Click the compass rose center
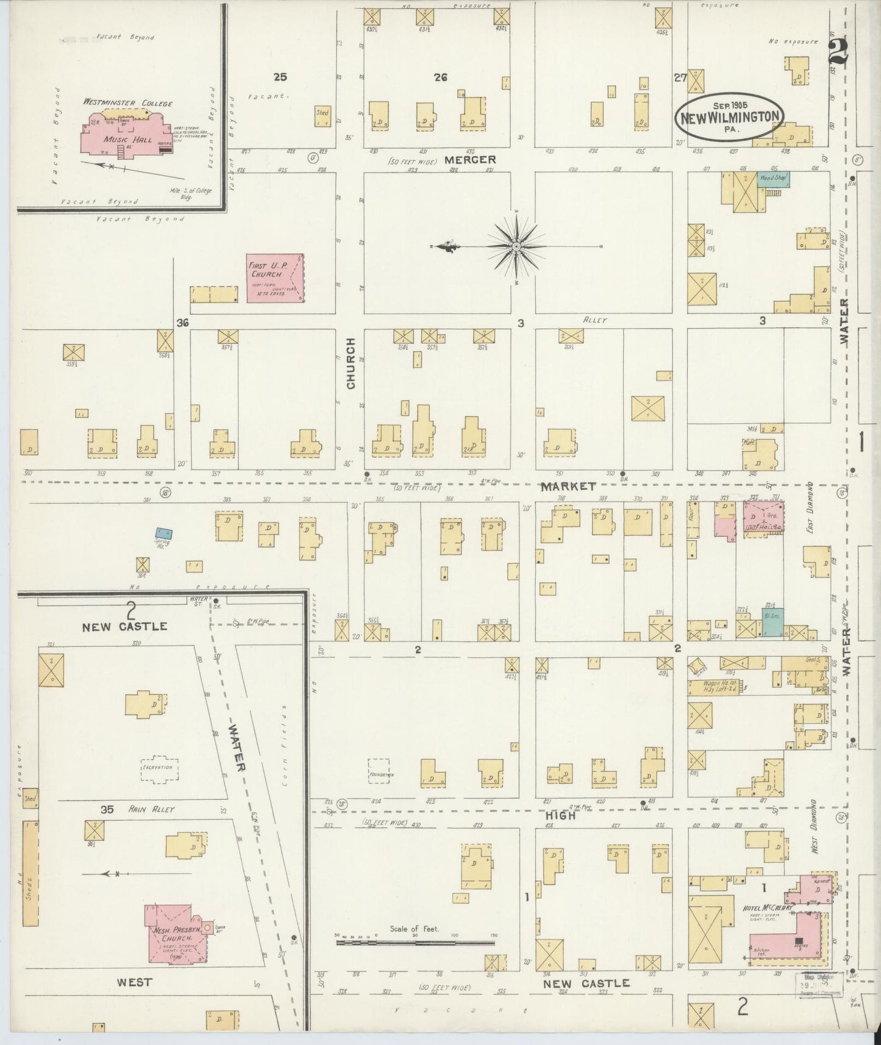click(x=516, y=246)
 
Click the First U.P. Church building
click(x=276, y=277)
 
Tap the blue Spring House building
click(x=163, y=533)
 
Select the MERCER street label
click(x=470, y=160)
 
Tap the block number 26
click(x=440, y=77)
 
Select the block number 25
click(x=280, y=77)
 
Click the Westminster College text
click(x=128, y=103)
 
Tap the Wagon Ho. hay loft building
click(x=715, y=688)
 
